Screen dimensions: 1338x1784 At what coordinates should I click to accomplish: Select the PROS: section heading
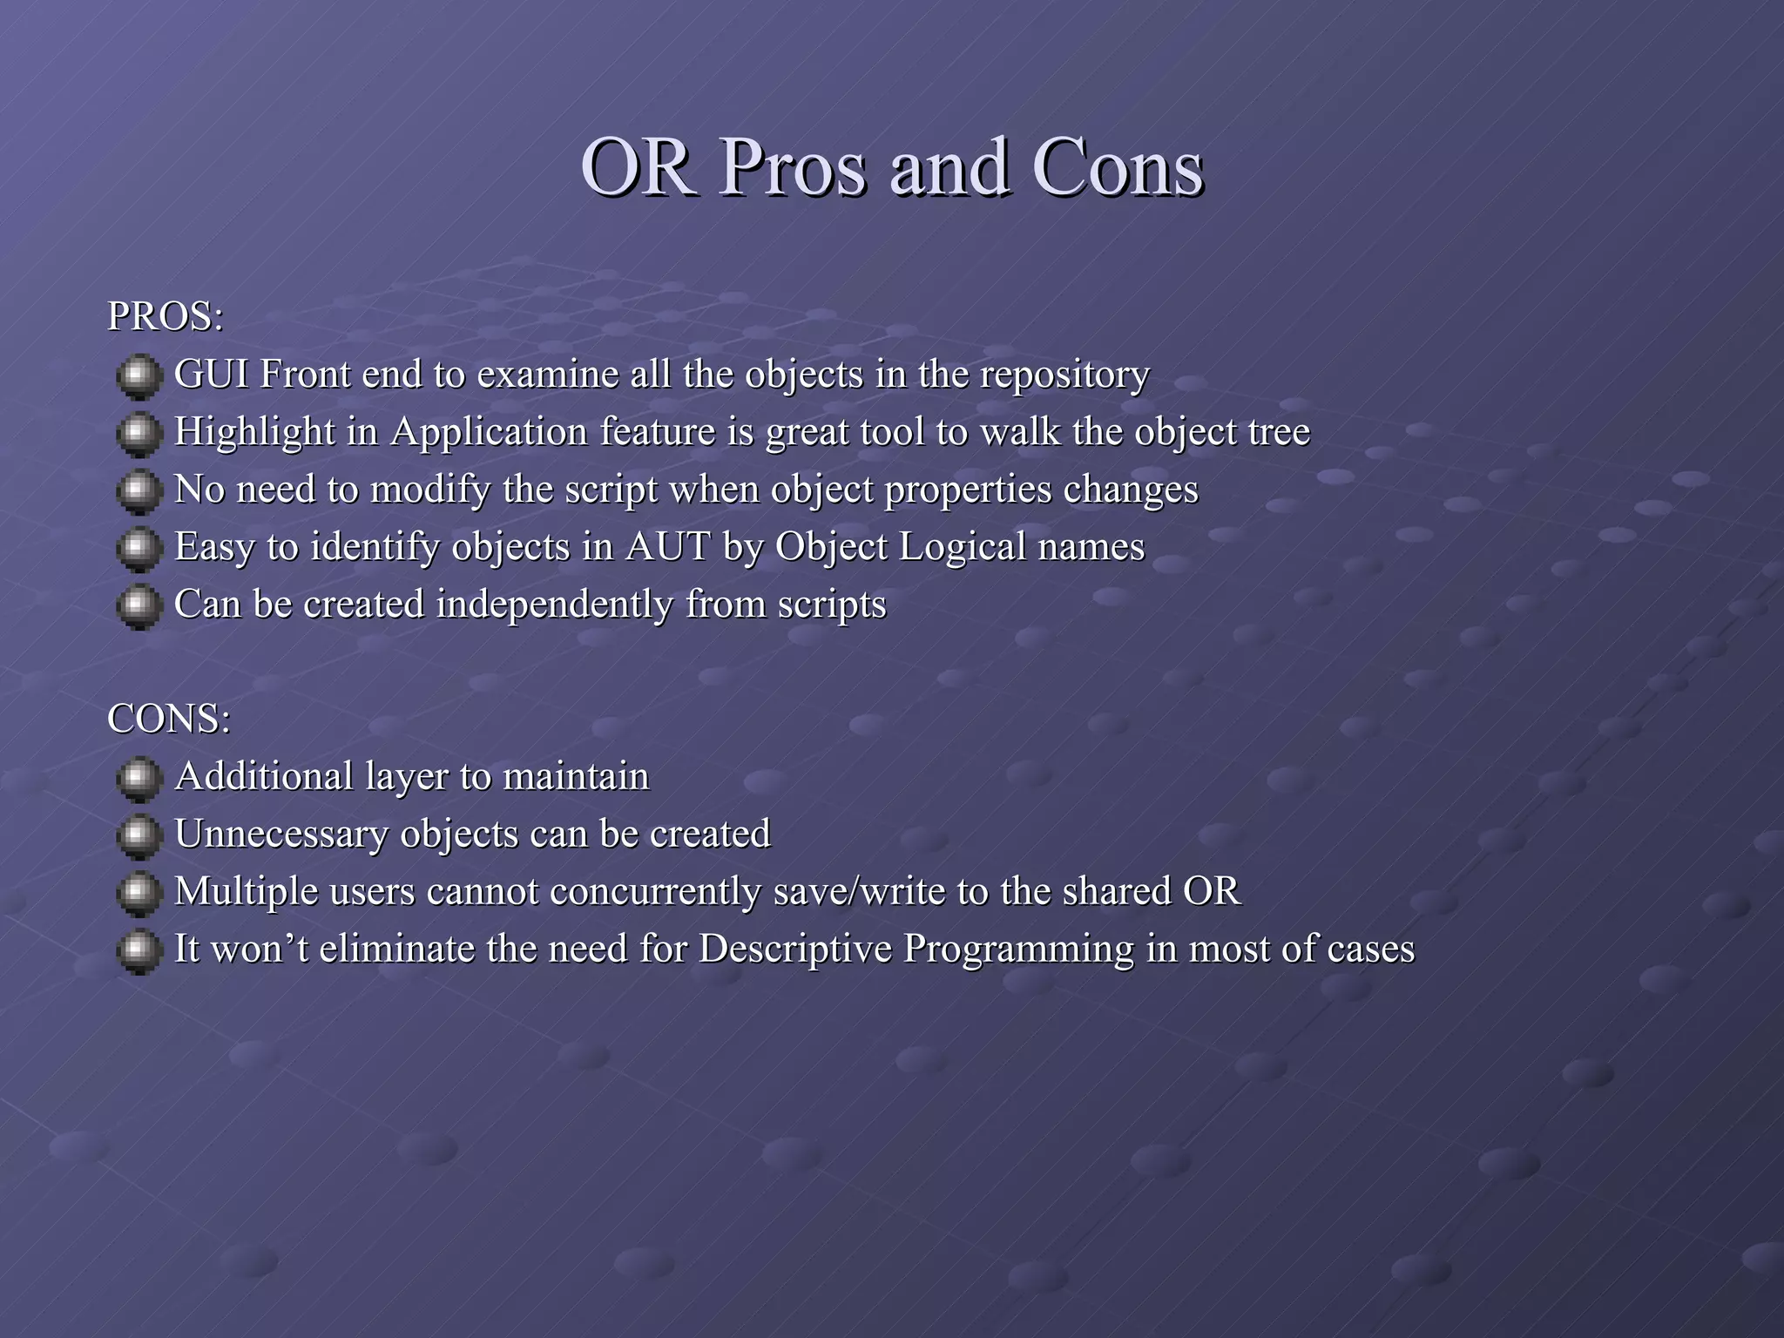(166, 316)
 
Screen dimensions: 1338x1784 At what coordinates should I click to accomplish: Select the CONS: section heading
(169, 719)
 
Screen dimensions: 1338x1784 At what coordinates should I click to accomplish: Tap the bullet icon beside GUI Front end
(139, 376)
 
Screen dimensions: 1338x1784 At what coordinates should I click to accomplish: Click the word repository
(1064, 375)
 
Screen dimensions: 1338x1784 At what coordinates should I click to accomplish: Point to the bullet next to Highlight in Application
(139, 434)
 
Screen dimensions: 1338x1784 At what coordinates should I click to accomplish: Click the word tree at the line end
(1280, 432)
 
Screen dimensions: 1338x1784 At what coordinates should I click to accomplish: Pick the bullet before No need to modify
(139, 491)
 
